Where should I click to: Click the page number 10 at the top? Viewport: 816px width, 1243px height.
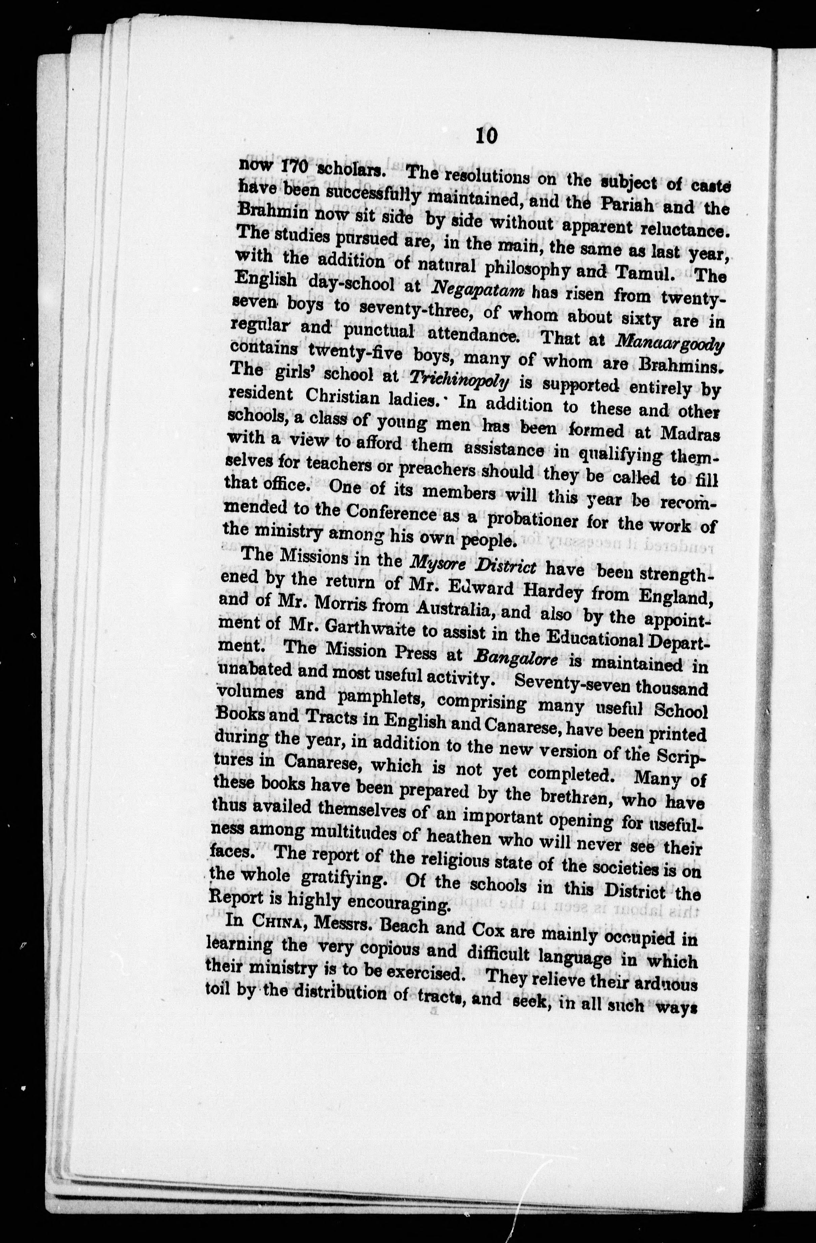[486, 137]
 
